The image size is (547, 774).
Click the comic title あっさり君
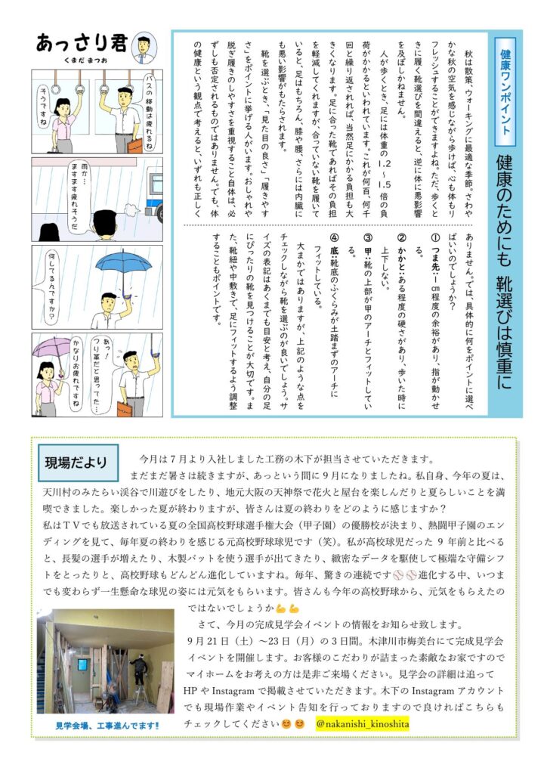click(82, 43)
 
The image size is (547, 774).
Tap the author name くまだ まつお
click(86, 60)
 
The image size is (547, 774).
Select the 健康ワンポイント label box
click(505, 91)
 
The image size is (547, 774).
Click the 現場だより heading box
click(78, 463)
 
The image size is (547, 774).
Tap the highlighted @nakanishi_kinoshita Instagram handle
click(363, 723)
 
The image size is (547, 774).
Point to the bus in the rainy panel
click(153, 196)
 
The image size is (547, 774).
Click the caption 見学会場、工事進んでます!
click(107, 726)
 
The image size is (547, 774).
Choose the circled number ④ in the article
click(335, 238)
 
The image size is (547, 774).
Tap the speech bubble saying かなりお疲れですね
click(76, 375)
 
